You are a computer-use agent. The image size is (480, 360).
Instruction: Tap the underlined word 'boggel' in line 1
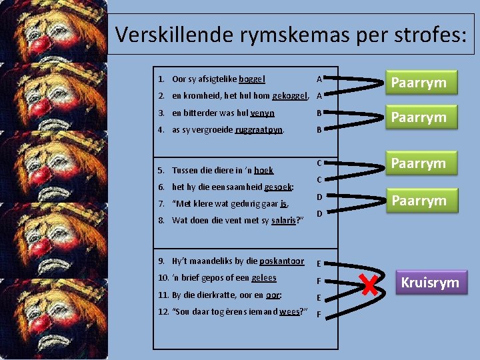(x=252, y=79)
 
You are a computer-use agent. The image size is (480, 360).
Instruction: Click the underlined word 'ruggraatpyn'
(x=259, y=130)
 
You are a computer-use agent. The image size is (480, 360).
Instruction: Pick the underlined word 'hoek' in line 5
(x=263, y=170)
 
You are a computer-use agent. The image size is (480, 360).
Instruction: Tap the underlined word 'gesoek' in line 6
(x=279, y=187)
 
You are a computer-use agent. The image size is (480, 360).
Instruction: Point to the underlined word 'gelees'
(x=263, y=278)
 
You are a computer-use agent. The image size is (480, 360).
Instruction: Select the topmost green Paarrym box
(x=418, y=83)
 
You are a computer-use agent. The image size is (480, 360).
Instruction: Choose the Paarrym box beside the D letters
(x=419, y=200)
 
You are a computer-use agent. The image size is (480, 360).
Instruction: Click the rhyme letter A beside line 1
(x=320, y=79)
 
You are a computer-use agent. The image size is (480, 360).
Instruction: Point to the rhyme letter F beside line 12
(x=320, y=314)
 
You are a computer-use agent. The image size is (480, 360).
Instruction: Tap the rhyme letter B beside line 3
(x=320, y=113)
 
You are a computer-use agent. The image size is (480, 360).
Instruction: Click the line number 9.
(x=161, y=261)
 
